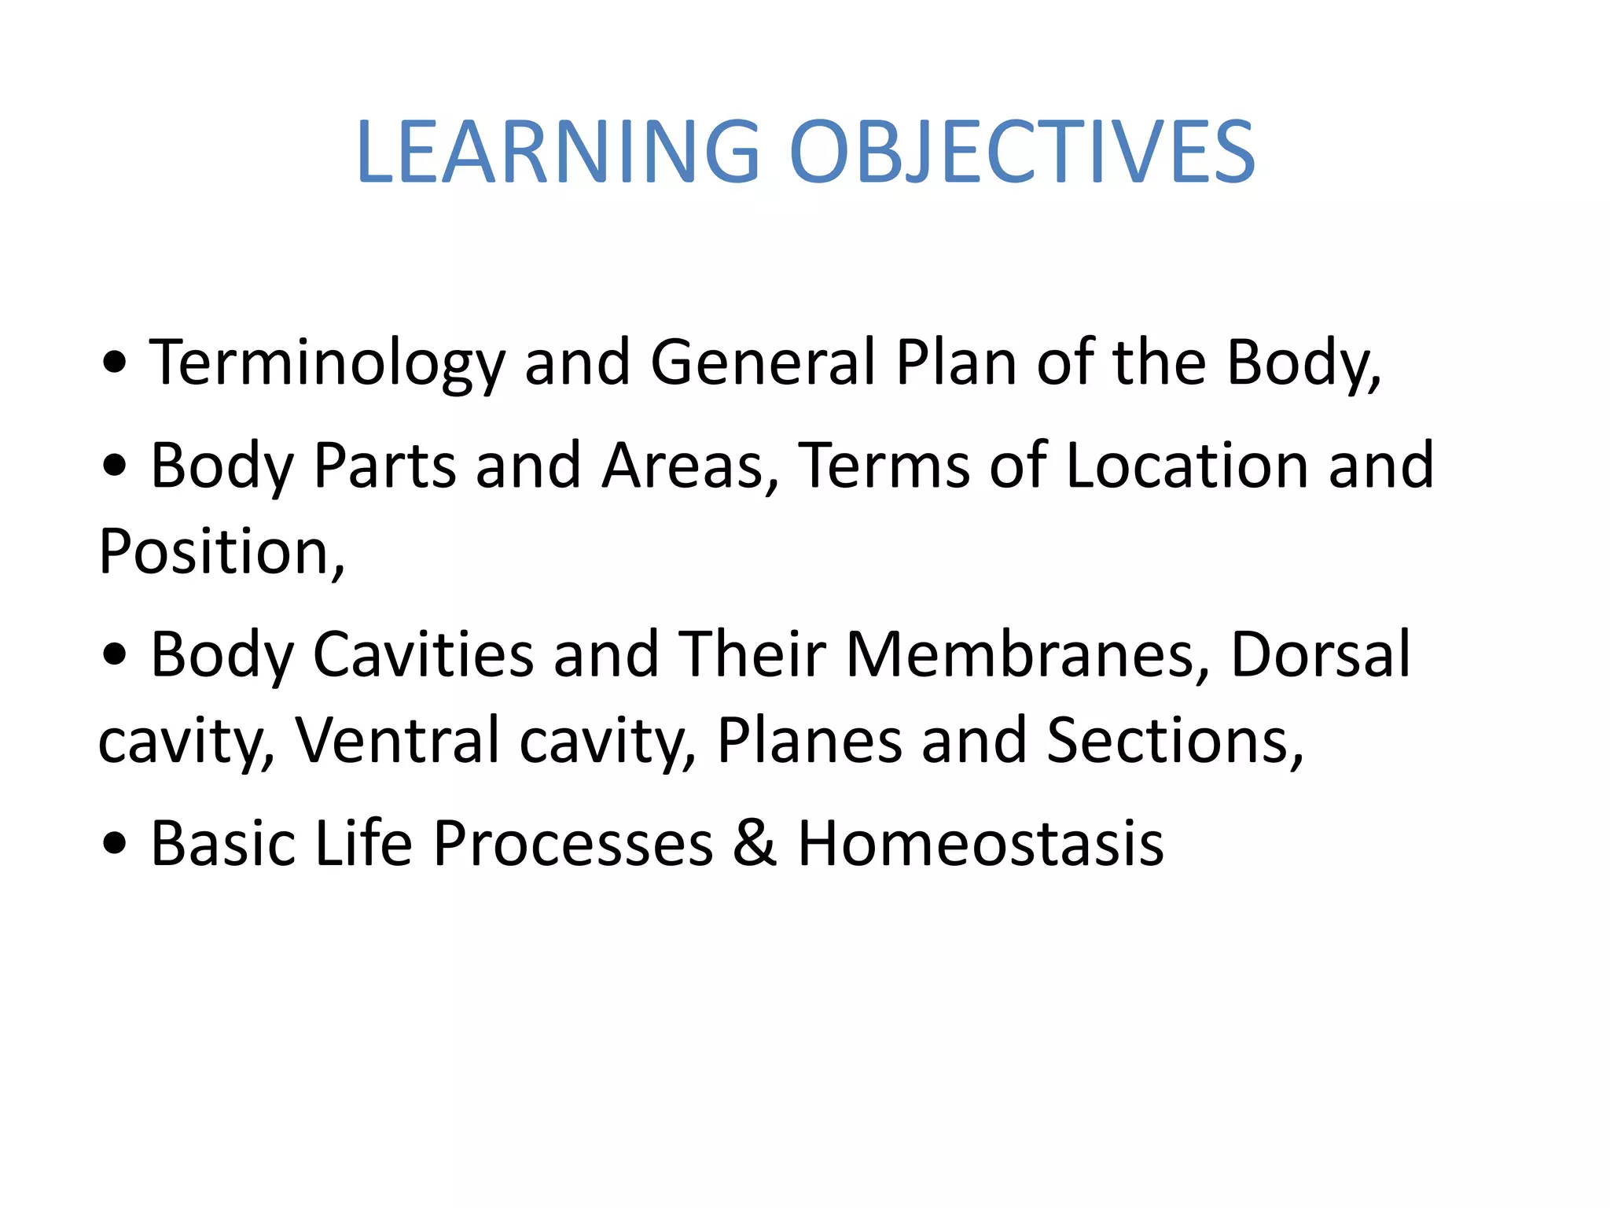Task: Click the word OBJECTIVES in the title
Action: [1022, 153]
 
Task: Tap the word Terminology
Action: [326, 363]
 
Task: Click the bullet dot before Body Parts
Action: [115, 466]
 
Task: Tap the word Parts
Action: [384, 466]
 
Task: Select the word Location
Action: [1187, 466]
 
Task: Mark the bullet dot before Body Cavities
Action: [115, 655]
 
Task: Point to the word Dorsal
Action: [1321, 654]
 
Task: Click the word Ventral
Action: [397, 741]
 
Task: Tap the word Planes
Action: [809, 741]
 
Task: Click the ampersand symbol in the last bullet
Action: [755, 843]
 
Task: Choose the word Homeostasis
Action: [980, 843]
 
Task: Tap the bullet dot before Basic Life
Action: [115, 845]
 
